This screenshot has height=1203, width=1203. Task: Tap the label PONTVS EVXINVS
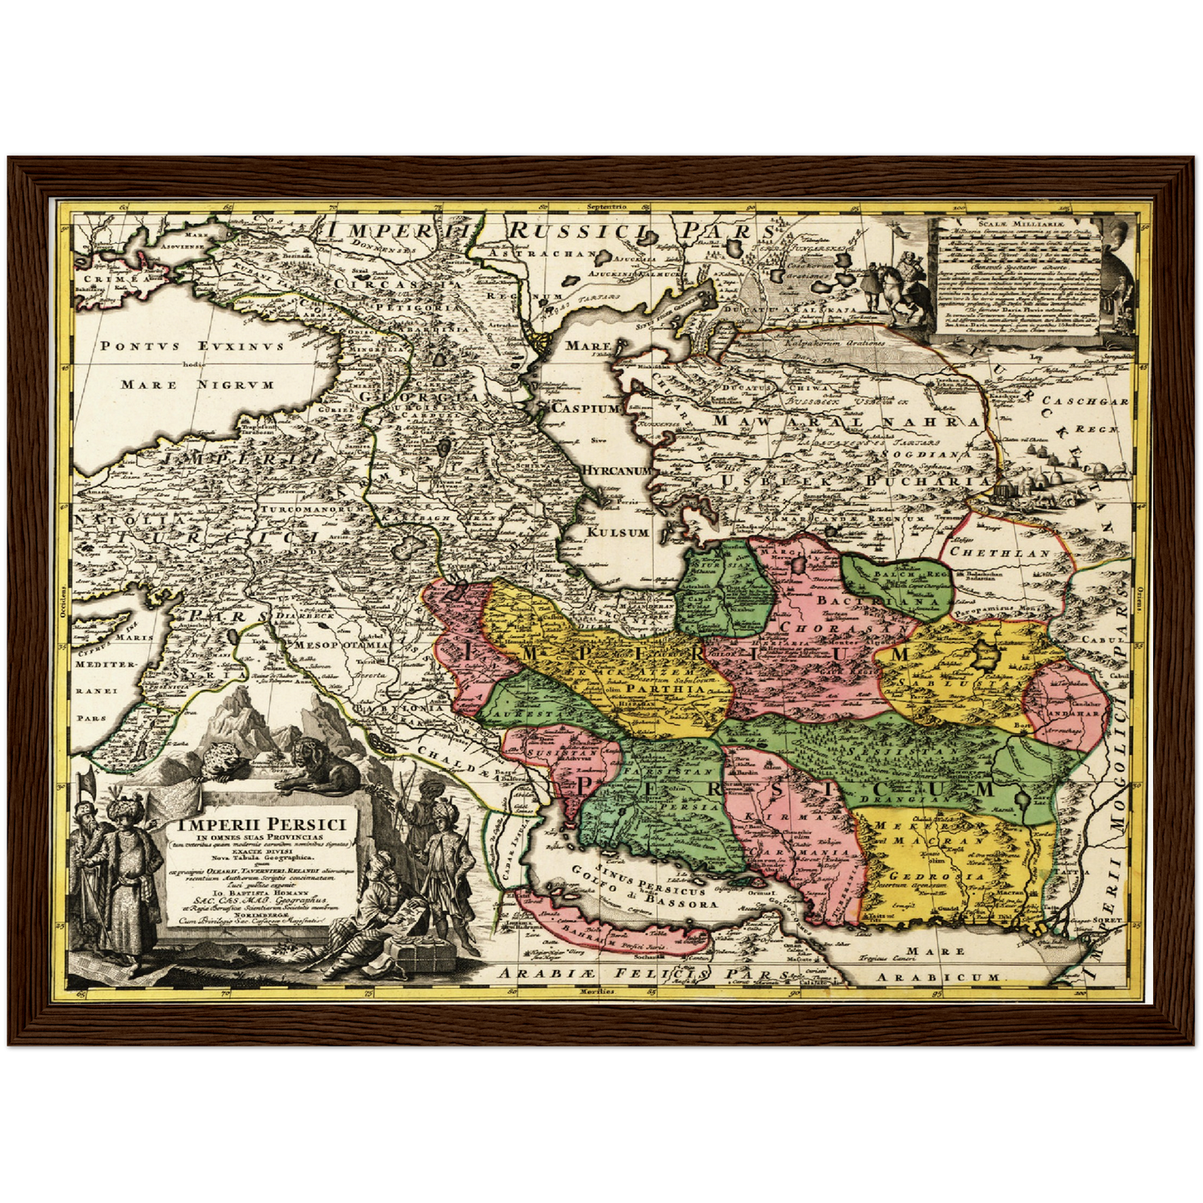[191, 345]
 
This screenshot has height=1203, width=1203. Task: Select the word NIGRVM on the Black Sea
[236, 385]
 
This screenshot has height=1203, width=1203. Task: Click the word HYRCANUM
[616, 470]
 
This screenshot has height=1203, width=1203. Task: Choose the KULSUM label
[618, 532]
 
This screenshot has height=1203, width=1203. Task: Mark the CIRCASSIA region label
[397, 283]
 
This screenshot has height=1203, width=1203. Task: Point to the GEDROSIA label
[937, 876]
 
